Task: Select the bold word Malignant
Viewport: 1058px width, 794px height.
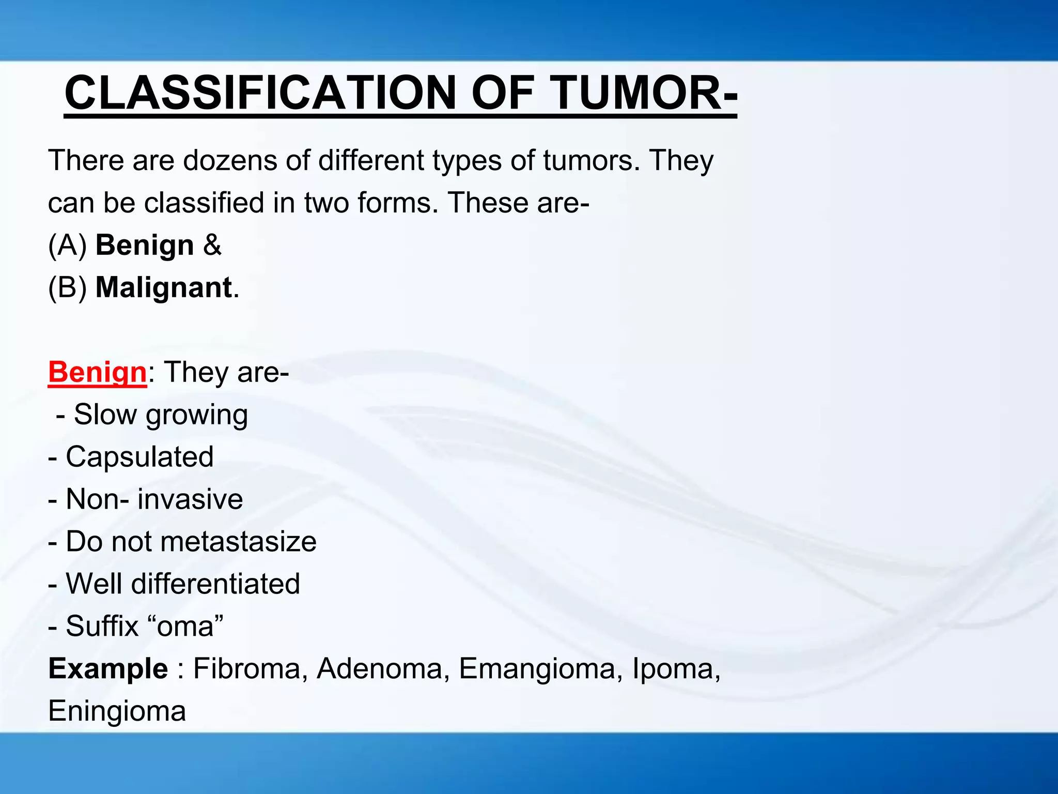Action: pyautogui.click(x=163, y=287)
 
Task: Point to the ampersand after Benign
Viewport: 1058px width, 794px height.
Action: pyautogui.click(x=212, y=245)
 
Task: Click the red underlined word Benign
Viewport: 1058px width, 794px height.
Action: pyautogui.click(x=98, y=372)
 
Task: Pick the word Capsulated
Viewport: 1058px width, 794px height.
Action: pyautogui.click(x=139, y=457)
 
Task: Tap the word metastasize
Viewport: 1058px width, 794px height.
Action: pyautogui.click(x=238, y=542)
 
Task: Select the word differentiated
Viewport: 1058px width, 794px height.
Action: pyautogui.click(x=215, y=584)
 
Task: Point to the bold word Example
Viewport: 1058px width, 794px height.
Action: pyautogui.click(x=108, y=669)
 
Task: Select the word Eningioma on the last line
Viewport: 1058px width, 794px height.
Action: pyautogui.click(x=117, y=711)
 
